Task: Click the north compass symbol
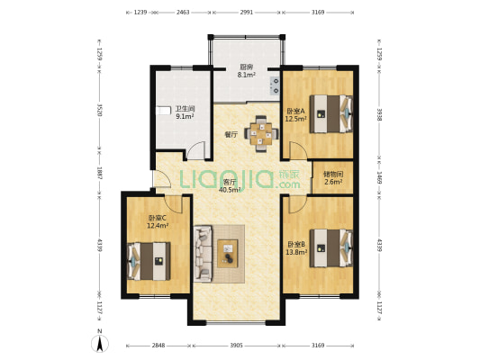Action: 99,343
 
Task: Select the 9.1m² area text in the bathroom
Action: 185,116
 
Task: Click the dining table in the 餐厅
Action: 261,134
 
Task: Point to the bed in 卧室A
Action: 331,113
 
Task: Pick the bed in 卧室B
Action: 331,248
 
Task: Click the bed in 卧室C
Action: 149,261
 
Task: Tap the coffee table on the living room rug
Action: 228,254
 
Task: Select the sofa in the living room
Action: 203,253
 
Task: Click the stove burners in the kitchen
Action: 275,85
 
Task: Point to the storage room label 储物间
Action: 333,175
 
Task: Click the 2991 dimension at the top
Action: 247,13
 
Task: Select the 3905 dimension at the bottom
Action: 236,346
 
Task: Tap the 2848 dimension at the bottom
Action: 158,346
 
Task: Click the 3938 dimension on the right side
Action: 379,115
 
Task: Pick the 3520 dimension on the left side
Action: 99,110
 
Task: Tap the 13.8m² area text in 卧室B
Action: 296,252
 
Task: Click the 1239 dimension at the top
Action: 140,13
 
